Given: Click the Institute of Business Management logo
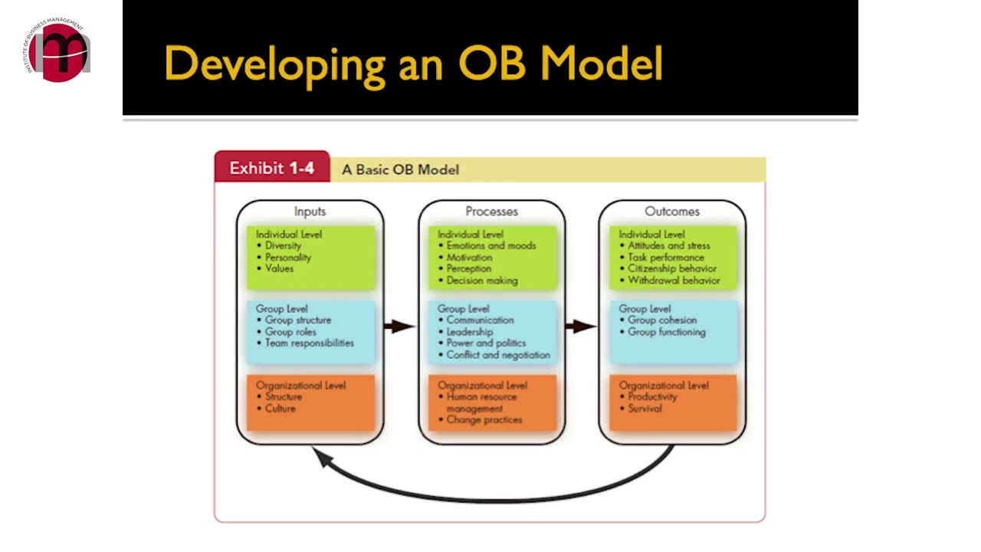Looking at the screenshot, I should click(57, 51).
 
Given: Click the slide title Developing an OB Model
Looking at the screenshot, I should click(413, 63).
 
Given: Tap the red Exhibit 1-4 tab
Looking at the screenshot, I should click(272, 168).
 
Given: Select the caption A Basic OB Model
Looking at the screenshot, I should click(400, 169).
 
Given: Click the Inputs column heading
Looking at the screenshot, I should click(310, 212).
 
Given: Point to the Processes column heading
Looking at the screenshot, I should click(491, 212).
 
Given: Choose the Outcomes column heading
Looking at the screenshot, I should click(671, 212).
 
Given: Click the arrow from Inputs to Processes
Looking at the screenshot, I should click(399, 327).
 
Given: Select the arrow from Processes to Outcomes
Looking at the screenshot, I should click(581, 327).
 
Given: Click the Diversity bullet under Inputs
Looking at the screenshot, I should click(283, 246).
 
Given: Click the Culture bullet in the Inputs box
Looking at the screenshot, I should click(280, 409).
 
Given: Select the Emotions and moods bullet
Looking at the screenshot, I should click(490, 246).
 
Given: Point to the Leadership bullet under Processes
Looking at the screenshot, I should click(469, 332).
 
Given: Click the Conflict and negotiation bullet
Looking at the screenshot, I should click(498, 355).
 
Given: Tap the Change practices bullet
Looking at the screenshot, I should click(484, 420).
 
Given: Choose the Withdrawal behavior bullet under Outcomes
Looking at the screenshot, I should click(674, 281).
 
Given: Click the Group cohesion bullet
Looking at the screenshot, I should click(662, 320).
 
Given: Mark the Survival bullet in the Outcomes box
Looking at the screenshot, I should click(645, 409).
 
